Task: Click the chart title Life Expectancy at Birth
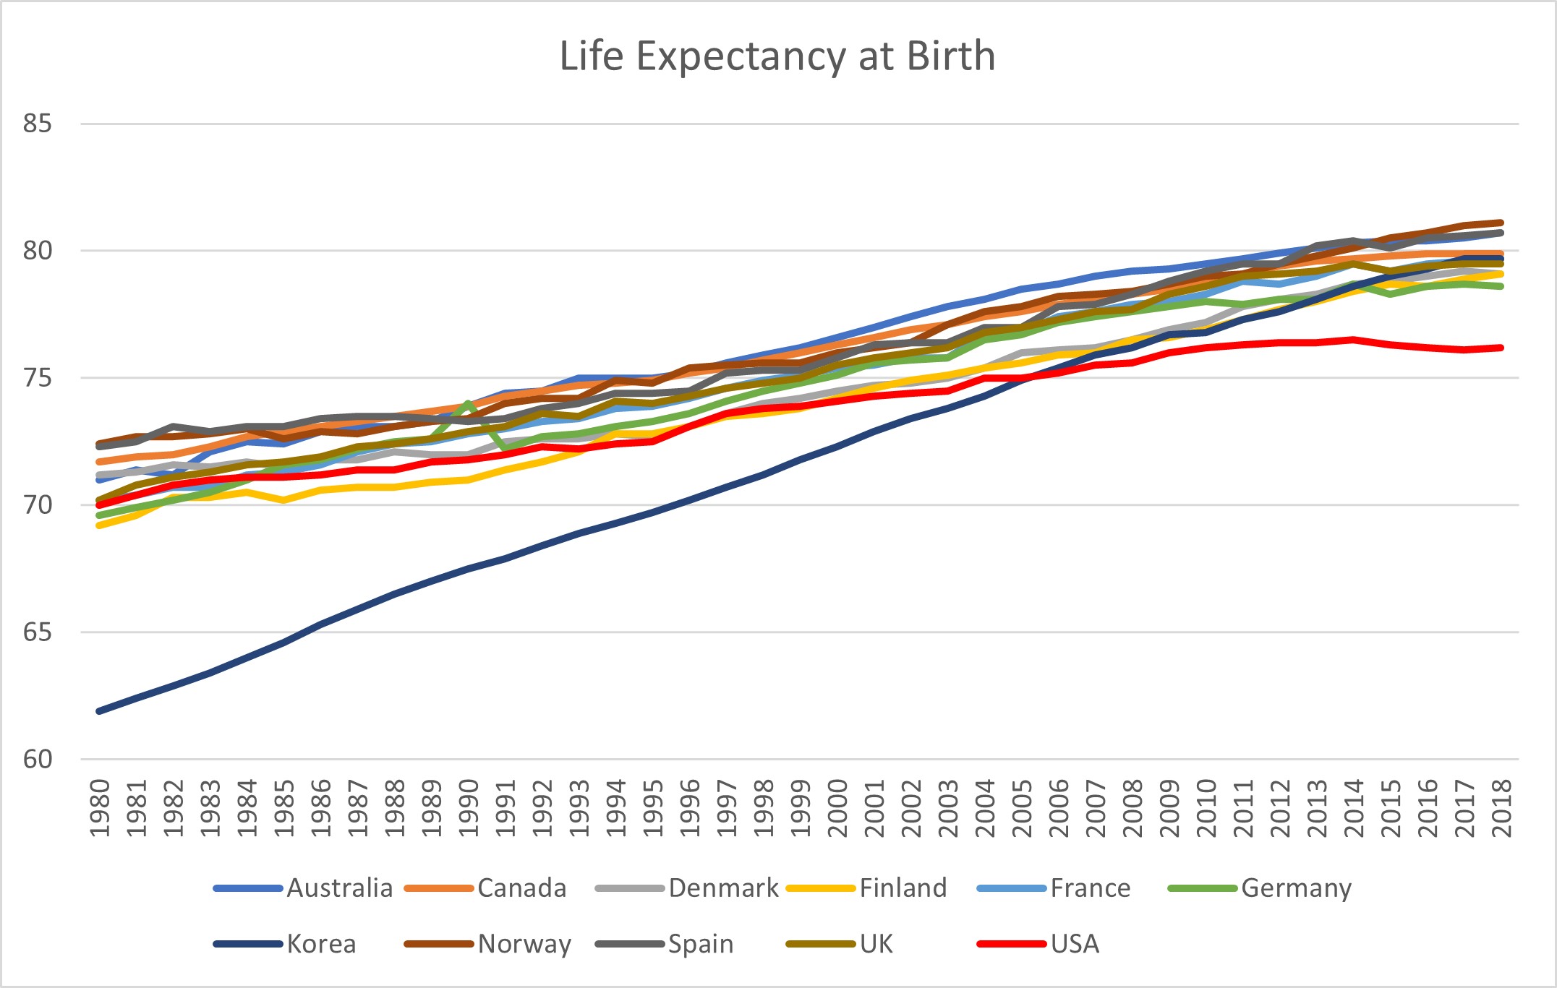click(777, 56)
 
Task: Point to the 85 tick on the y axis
click(38, 124)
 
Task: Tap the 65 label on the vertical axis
click(38, 632)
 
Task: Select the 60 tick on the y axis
click(38, 760)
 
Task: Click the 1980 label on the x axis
click(100, 808)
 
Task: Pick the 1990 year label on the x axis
click(469, 808)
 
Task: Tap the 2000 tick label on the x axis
click(837, 808)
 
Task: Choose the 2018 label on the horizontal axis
click(1502, 808)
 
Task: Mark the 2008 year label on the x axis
click(1132, 808)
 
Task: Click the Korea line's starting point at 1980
click(100, 711)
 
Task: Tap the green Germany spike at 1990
click(469, 403)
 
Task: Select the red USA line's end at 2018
click(1501, 348)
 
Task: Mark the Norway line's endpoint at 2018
click(1501, 223)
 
